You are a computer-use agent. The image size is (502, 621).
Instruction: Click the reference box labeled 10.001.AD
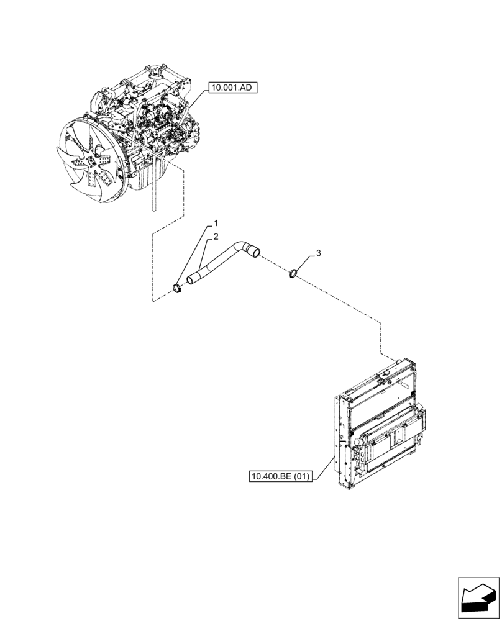(x=231, y=88)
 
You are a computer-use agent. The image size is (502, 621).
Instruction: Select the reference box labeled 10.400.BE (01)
(x=281, y=476)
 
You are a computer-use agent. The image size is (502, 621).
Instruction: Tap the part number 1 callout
(x=216, y=222)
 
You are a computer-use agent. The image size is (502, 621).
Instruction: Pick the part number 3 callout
(x=318, y=253)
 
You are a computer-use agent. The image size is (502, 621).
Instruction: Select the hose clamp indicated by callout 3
(x=295, y=273)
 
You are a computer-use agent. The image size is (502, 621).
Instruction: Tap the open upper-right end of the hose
(x=253, y=252)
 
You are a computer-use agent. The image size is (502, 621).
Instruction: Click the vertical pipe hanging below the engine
(x=152, y=198)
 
